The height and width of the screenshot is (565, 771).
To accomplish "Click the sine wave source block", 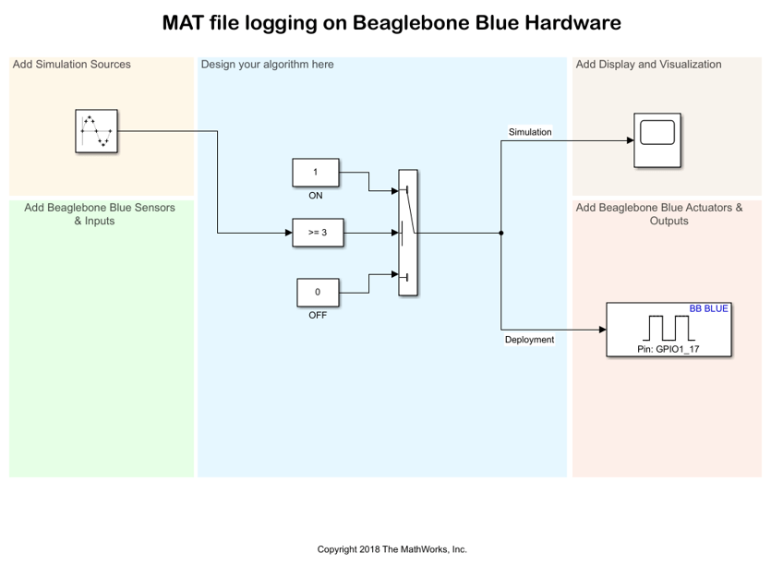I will click(97, 131).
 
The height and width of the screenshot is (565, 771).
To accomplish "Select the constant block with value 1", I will click(316, 173).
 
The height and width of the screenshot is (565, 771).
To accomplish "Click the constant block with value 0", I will click(318, 292).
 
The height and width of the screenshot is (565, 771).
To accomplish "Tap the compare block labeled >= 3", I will click(318, 233).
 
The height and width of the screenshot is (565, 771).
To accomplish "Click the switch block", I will click(407, 233).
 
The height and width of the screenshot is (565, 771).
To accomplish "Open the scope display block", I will click(657, 140).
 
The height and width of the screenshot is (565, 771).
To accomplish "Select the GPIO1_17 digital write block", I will click(669, 330).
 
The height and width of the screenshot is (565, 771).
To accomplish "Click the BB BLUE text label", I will click(708, 309).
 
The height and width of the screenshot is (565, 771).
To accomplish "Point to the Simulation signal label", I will click(530, 132).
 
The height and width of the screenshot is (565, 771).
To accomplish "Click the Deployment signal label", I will click(529, 340).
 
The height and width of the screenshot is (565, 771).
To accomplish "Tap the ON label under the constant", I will click(316, 196).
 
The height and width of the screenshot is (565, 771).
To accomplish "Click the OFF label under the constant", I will click(318, 315).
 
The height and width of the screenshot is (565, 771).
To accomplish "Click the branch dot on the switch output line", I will click(500, 233).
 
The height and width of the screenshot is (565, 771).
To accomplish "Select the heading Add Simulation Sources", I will click(71, 65).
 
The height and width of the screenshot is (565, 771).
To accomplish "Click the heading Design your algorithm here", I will click(268, 65).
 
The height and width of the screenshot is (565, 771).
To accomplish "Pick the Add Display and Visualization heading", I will click(648, 65).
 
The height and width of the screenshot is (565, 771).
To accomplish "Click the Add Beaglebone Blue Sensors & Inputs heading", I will click(100, 214).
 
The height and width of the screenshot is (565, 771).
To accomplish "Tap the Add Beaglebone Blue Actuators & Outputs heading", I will click(659, 214).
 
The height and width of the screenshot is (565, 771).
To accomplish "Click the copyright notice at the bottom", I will click(392, 549).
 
